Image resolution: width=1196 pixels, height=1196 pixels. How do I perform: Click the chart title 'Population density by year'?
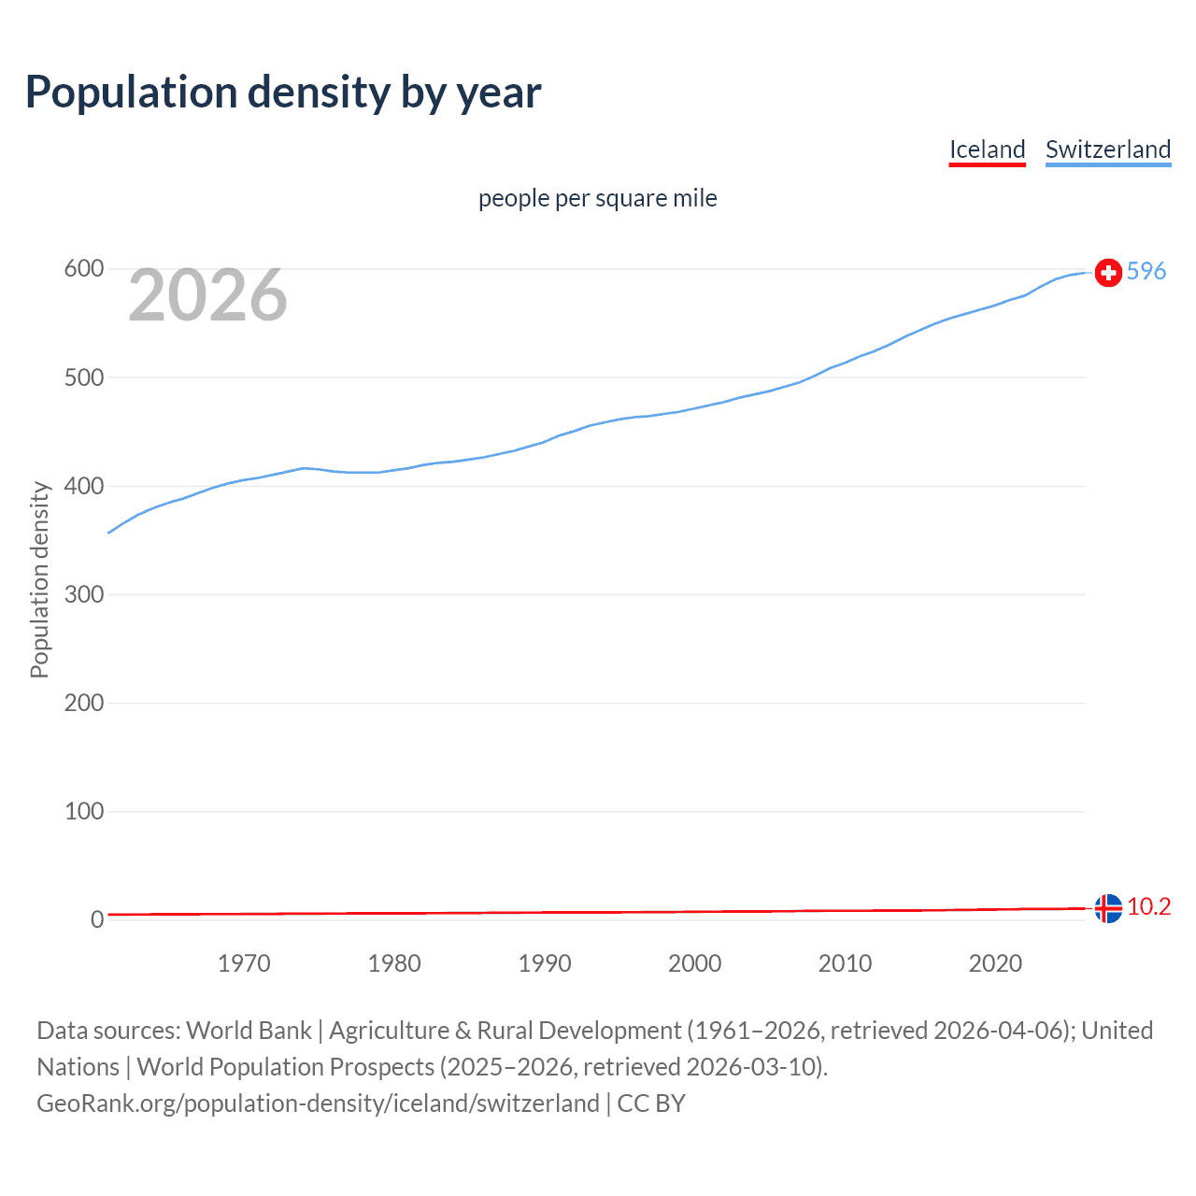pyautogui.click(x=283, y=93)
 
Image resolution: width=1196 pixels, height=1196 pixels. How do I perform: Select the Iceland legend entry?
pyautogui.click(x=987, y=149)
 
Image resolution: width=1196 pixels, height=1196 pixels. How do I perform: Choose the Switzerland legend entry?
pyautogui.click(x=1107, y=149)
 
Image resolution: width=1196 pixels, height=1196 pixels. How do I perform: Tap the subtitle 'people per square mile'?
pyautogui.click(x=597, y=198)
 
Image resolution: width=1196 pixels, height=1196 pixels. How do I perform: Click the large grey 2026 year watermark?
pyautogui.click(x=207, y=295)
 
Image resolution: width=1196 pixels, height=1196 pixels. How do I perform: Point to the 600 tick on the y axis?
pyautogui.click(x=83, y=269)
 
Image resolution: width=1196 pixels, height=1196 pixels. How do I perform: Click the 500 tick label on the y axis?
pyautogui.click(x=83, y=377)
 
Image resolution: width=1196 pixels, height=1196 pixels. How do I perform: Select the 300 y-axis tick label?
pyautogui.click(x=83, y=594)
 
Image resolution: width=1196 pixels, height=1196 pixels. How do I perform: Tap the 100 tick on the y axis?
pyautogui.click(x=83, y=811)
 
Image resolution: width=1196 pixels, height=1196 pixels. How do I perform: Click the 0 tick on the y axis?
pyautogui.click(x=97, y=919)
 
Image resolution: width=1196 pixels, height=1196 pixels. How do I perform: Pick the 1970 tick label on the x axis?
pyautogui.click(x=244, y=963)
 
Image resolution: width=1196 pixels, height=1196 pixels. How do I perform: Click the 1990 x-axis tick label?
pyautogui.click(x=545, y=963)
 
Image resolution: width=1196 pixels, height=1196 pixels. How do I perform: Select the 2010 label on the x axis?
pyautogui.click(x=845, y=963)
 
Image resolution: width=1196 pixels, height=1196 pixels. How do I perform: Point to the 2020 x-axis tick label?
pyautogui.click(x=995, y=963)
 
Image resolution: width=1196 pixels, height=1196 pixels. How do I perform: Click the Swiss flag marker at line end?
pyautogui.click(x=1108, y=272)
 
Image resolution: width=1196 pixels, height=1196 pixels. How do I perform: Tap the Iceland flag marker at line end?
pyautogui.click(x=1108, y=908)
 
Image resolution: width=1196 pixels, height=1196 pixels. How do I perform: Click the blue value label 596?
pyautogui.click(x=1146, y=271)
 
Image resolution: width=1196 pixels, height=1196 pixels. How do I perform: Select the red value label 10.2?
pyautogui.click(x=1148, y=907)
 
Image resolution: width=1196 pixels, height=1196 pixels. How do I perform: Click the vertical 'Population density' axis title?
pyautogui.click(x=39, y=579)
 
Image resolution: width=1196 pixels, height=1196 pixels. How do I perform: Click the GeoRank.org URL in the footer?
pyautogui.click(x=318, y=1103)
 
